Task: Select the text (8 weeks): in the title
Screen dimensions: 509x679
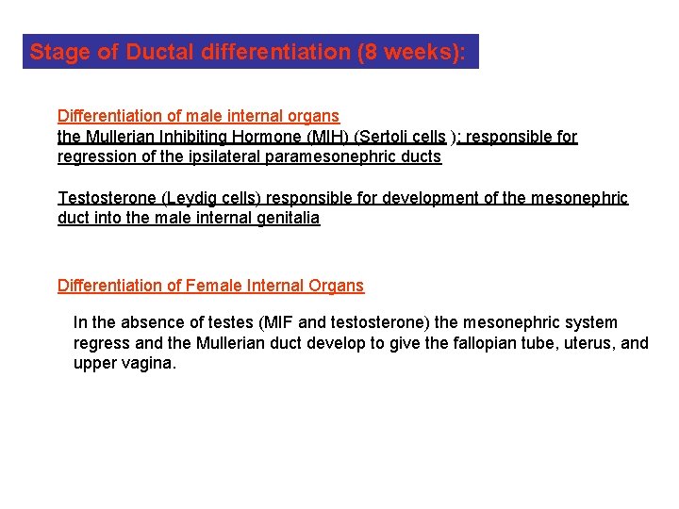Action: point(411,52)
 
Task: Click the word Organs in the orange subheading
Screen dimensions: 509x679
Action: point(336,285)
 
